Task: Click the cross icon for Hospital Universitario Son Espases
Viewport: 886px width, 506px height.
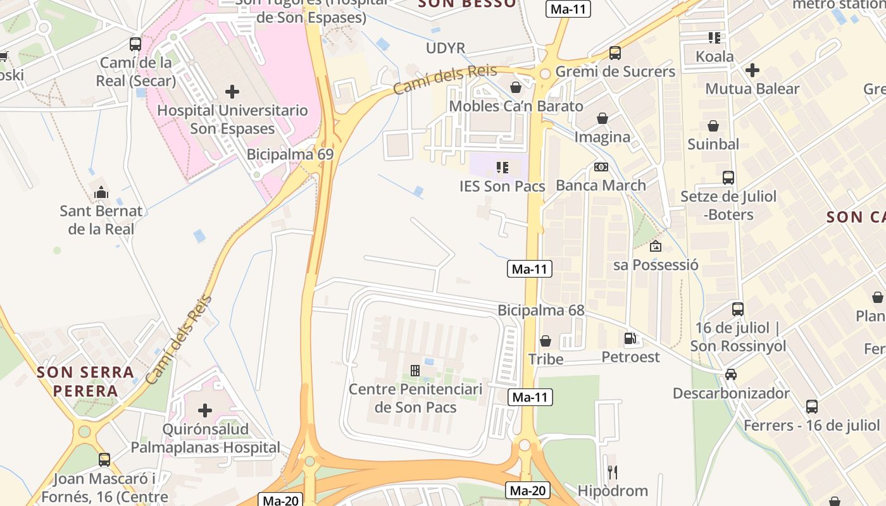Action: pyautogui.click(x=232, y=92)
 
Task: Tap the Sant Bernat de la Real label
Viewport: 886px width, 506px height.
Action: pyautogui.click(x=101, y=219)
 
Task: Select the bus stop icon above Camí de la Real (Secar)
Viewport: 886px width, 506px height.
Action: pyautogui.click(x=135, y=44)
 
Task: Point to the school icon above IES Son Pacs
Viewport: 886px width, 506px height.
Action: pyautogui.click(x=502, y=168)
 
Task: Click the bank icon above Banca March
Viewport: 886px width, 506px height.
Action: pyautogui.click(x=601, y=167)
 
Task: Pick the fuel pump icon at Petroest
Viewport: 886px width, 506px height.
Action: pyautogui.click(x=630, y=338)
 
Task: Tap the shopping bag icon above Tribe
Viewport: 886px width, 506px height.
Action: pyautogui.click(x=546, y=341)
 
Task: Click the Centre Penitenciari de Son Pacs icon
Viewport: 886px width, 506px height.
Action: pyautogui.click(x=415, y=370)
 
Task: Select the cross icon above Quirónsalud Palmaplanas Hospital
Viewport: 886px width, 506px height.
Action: pyautogui.click(x=205, y=410)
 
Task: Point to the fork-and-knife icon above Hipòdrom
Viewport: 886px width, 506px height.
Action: pyautogui.click(x=613, y=472)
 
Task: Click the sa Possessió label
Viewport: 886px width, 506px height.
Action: pyautogui.click(x=656, y=264)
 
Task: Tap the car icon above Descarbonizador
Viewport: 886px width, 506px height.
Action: pyautogui.click(x=731, y=374)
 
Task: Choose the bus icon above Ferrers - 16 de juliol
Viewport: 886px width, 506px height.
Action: pyautogui.click(x=812, y=407)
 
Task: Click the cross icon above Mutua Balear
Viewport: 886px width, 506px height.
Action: pyautogui.click(x=752, y=70)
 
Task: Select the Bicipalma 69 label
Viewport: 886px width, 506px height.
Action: pyautogui.click(x=290, y=154)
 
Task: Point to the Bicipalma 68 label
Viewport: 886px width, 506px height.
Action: pyautogui.click(x=541, y=311)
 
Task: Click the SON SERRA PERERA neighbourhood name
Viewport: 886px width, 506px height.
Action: pyautogui.click(x=85, y=381)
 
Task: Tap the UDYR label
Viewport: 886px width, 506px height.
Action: pyautogui.click(x=446, y=48)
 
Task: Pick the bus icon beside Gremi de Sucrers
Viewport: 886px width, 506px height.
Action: pyautogui.click(x=615, y=53)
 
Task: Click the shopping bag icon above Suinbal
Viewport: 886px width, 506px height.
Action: pyautogui.click(x=713, y=126)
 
